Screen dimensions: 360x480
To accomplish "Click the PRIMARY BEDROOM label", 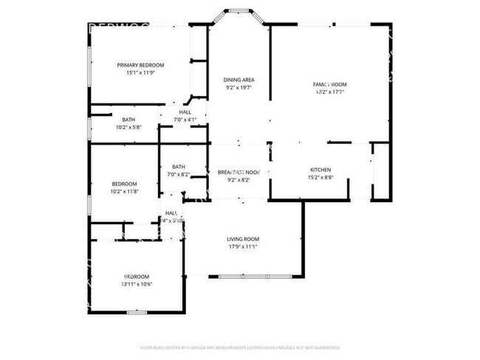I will click(x=140, y=65).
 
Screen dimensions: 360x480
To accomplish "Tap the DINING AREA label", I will click(x=239, y=79).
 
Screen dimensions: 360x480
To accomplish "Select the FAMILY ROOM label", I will click(x=329, y=85).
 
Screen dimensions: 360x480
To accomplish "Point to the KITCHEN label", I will click(x=320, y=170).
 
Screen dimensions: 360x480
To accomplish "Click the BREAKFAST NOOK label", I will click(x=239, y=171).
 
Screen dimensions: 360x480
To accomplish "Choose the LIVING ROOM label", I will click(x=242, y=239).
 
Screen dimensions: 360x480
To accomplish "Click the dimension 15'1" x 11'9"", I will click(x=140, y=73).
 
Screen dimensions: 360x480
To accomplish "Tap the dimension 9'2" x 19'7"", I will click(x=239, y=87).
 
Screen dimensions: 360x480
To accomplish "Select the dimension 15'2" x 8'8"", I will click(x=320, y=178).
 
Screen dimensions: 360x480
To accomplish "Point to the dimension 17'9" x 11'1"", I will click(x=242, y=247).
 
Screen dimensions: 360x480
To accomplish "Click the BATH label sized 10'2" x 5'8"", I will click(x=128, y=120).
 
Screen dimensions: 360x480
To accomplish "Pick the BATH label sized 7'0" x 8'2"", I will click(x=179, y=167).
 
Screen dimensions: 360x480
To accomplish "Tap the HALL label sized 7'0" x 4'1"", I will click(x=185, y=112).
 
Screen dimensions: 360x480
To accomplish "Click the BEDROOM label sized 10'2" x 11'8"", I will click(x=124, y=184).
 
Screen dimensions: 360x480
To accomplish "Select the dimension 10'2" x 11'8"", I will click(x=124, y=192).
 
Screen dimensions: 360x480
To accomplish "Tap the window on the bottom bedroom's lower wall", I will click(x=137, y=312).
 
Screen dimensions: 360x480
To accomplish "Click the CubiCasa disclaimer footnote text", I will click(x=239, y=347).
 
